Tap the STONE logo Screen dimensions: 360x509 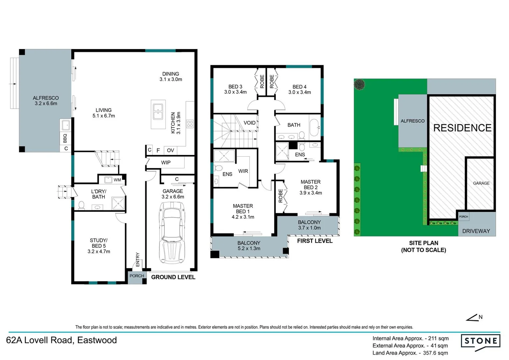[480, 341]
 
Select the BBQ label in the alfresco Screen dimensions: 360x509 [65, 138]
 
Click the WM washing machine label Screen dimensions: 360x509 [117, 180]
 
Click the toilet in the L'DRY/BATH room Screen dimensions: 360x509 [81, 205]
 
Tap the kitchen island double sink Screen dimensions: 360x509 [158, 112]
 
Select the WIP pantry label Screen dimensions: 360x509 [166, 163]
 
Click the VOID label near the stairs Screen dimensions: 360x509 [250, 123]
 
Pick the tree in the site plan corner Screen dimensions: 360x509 [359, 84]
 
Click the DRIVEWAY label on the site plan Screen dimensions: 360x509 [476, 231]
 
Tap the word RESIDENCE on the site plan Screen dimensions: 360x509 [462, 128]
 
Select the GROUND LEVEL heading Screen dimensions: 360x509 [173, 277]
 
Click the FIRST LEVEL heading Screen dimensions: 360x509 [314, 241]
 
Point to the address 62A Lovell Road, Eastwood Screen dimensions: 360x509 [62, 340]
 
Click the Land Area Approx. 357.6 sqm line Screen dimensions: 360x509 [410, 353]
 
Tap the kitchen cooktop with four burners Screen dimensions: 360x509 [190, 124]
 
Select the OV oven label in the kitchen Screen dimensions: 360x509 [170, 150]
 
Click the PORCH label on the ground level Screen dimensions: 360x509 [137, 276]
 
